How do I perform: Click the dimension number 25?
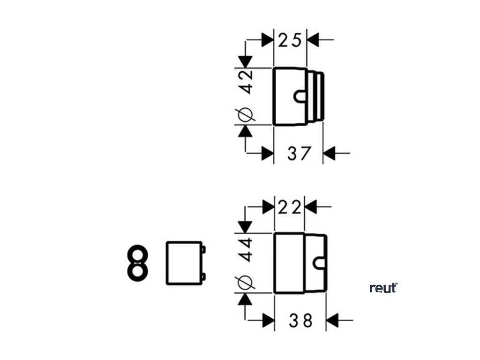coord(290,40)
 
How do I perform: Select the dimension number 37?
coord(299,153)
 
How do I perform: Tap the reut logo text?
coord(383,288)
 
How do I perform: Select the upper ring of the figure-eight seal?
coord(136,255)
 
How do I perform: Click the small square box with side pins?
coord(184,262)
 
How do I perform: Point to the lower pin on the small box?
coord(203,277)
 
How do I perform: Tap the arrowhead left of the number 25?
coord(268,40)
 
